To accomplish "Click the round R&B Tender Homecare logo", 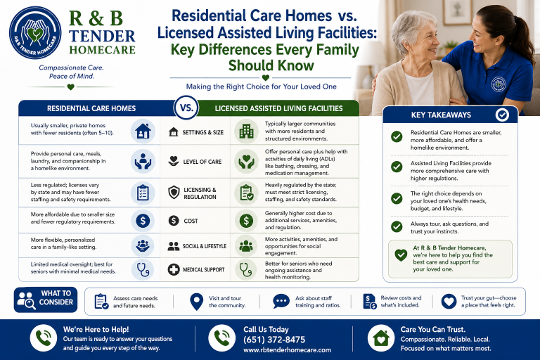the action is point(35,33).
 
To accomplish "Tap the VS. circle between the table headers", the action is point(186,108).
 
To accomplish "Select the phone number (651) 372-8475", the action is point(274,340).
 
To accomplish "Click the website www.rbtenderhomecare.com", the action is point(287,350).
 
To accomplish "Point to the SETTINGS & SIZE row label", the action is point(202,132).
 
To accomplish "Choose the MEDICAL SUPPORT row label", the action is point(203,270).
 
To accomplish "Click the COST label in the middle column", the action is point(191,221).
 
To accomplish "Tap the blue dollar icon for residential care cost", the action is point(143,221).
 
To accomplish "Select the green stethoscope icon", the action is point(246,269).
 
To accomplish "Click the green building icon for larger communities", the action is point(246,131).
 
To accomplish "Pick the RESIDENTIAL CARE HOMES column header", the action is point(91,108).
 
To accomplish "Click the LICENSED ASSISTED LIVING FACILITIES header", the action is point(278,108).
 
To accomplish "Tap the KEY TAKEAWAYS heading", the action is point(441,115).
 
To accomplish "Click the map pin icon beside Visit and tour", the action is point(196,302).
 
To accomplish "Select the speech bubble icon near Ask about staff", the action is point(281,302).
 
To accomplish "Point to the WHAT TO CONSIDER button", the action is point(46,300).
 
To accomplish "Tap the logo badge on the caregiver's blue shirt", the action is point(499,84).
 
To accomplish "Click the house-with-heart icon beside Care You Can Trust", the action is point(381,338).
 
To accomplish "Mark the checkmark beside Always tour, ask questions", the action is point(397,226).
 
